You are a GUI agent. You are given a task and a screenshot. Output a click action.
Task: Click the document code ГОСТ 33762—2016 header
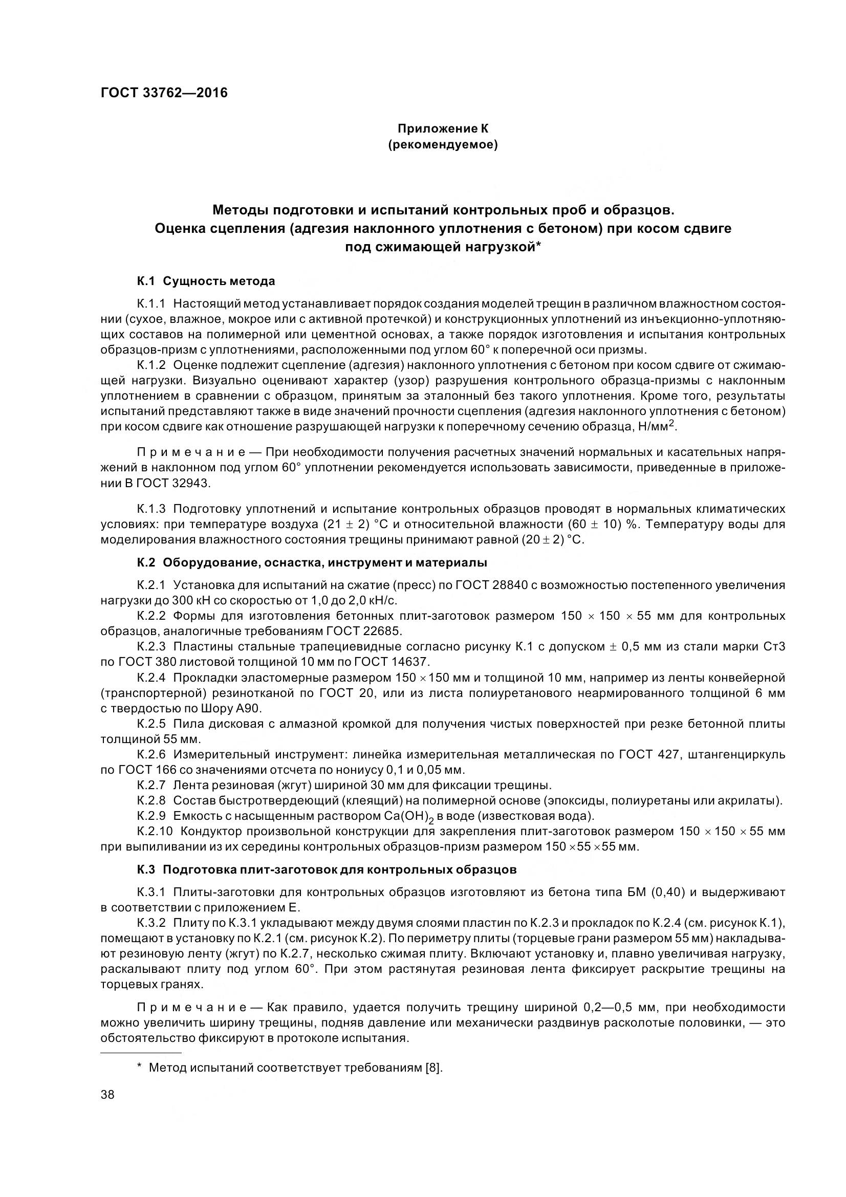pyautogui.click(x=164, y=93)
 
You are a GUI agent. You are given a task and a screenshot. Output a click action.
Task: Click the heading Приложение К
pyautogui.click(x=443, y=128)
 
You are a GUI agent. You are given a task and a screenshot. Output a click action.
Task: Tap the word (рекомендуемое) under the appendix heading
pyautogui.click(x=443, y=145)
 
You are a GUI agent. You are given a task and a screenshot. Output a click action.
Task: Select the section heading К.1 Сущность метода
pyautogui.click(x=206, y=281)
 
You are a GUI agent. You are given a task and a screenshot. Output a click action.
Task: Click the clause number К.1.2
pyautogui.click(x=151, y=366)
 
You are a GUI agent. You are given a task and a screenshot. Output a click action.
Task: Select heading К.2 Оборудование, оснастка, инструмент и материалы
pyautogui.click(x=312, y=562)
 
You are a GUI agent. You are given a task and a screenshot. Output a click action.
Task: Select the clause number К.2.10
pyautogui.click(x=154, y=831)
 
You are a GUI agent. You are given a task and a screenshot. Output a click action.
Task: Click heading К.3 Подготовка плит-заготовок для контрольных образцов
pyautogui.click(x=327, y=869)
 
